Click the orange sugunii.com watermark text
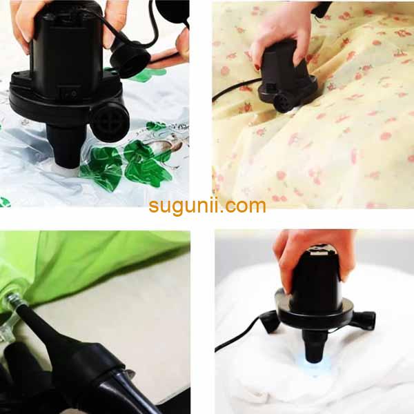click(207, 206)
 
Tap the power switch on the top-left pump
click(68, 92)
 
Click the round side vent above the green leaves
click(110, 122)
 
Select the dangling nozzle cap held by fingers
click(130, 59)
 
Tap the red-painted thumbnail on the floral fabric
click(257, 68)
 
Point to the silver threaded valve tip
click(11, 299)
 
